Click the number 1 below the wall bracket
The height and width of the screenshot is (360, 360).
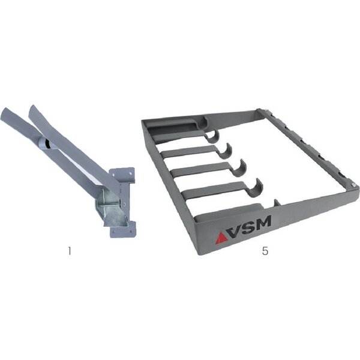(x=70, y=251)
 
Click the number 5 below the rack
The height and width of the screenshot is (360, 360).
(x=265, y=251)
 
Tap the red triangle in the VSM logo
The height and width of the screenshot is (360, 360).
(x=221, y=238)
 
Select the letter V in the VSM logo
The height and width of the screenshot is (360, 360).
(x=236, y=231)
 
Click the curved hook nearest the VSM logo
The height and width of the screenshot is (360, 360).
(x=256, y=189)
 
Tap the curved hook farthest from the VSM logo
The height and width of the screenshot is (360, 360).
(x=212, y=136)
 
